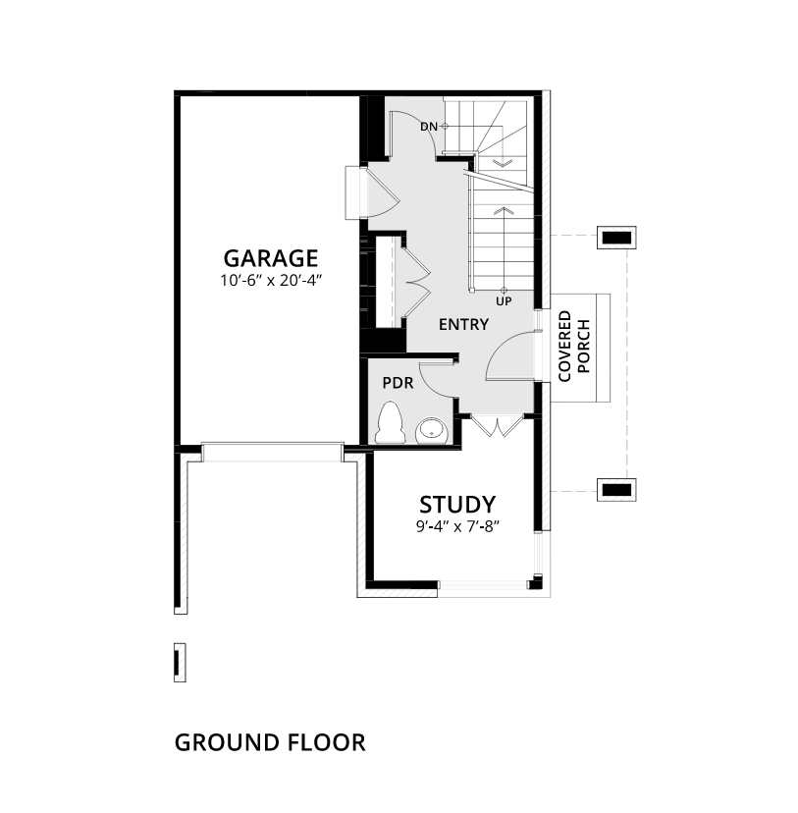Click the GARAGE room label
[x=271, y=258]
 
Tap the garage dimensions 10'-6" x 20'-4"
[x=271, y=281]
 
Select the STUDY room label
[x=457, y=505]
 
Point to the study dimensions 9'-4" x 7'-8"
[x=457, y=527]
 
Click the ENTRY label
[x=463, y=325]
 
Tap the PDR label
[x=398, y=383]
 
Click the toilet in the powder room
[x=391, y=422]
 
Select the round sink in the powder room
[x=431, y=431]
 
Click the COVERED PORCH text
[x=574, y=347]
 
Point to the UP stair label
[x=504, y=301]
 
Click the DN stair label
[x=429, y=126]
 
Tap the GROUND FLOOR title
[x=270, y=742]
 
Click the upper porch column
[x=616, y=238]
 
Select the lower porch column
[x=616, y=489]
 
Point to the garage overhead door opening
[x=272, y=452]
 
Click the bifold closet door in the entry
[x=416, y=283]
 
